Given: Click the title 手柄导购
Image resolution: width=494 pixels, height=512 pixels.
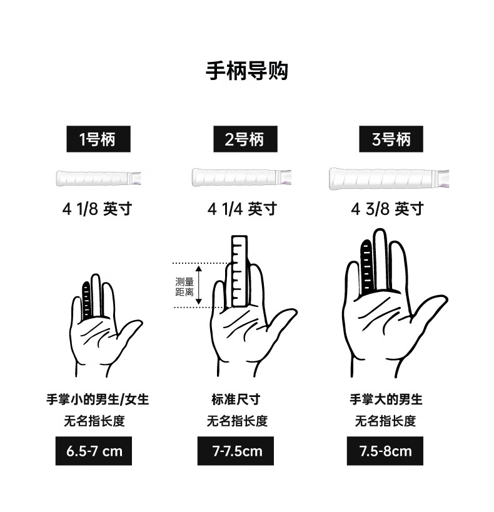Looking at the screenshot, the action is point(246,71).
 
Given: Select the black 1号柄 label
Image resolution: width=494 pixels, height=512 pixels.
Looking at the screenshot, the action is point(98,139).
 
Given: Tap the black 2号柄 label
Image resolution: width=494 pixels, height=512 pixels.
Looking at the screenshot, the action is point(245,139).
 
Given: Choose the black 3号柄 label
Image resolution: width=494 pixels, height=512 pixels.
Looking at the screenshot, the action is point(391,139).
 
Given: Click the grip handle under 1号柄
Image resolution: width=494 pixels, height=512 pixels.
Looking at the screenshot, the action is point(98,178).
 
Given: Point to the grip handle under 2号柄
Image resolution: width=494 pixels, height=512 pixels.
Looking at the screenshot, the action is point(241,178).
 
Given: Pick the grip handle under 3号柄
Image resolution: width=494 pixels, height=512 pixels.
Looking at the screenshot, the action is point(389,178).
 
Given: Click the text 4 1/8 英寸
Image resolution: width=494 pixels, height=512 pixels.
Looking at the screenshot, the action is point(97,209).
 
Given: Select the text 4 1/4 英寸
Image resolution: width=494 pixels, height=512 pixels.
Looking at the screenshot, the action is point(242,209).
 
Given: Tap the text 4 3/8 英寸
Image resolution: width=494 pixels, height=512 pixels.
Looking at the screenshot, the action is point(388,209).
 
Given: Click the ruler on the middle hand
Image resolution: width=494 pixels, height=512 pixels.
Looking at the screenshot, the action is point(239,271).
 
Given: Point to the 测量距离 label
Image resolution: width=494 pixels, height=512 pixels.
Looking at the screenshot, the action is point(184,287).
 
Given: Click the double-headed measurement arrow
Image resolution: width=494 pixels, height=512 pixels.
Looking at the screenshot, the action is point(199,285).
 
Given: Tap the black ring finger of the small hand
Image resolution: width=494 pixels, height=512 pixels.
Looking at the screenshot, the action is point(86,301).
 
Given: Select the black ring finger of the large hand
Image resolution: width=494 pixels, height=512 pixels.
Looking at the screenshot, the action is point(367,267).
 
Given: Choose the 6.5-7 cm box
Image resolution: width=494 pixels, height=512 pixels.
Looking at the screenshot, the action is point(94,451).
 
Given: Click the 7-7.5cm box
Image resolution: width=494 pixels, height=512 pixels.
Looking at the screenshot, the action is point(236,451).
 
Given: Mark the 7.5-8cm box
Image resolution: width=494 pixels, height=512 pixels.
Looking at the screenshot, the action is point(385,451).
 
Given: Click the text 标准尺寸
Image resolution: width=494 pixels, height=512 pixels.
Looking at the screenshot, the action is point(236,399).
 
